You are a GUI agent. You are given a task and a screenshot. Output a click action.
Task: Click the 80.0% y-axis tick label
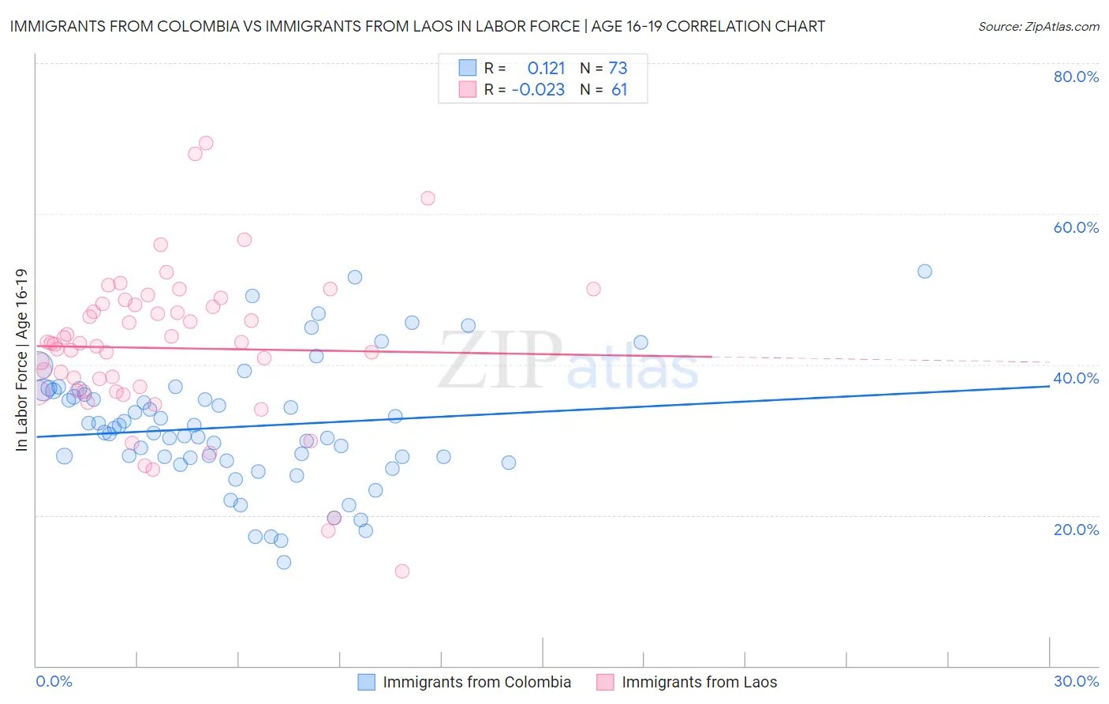[x=1076, y=77]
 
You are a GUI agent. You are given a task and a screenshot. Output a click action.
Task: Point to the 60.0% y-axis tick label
[x=1076, y=227]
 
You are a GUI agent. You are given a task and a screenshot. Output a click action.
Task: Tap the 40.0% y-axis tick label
[x=1076, y=378]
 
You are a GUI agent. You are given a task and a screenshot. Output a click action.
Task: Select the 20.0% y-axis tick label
[x=1076, y=530]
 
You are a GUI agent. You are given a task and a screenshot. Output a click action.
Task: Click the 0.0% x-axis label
[x=54, y=681]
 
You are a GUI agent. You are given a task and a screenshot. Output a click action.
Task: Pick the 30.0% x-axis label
[x=1076, y=681]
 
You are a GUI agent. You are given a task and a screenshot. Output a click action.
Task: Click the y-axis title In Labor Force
[x=21, y=360]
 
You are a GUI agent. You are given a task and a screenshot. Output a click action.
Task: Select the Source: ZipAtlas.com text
[x=1038, y=26]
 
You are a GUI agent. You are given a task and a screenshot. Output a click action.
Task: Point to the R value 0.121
[x=546, y=68]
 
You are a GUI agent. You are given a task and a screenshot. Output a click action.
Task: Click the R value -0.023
[x=538, y=89]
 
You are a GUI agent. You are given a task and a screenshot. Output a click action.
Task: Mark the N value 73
[x=618, y=68]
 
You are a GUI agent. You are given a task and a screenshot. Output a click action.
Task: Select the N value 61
[x=619, y=89]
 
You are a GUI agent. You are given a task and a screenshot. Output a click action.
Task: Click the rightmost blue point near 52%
[x=924, y=271]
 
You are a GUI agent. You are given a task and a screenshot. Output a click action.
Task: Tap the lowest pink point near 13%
[x=402, y=571]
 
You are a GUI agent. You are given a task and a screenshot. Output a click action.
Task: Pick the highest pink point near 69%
[x=206, y=143]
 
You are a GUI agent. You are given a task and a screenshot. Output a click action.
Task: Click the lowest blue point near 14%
[x=284, y=562]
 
